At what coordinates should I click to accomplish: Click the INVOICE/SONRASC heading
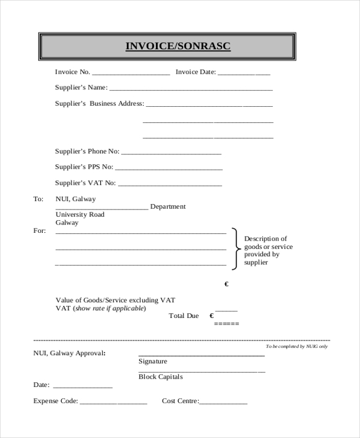pyautogui.click(x=178, y=46)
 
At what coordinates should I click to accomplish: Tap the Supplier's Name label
pyautogui.click(x=81, y=88)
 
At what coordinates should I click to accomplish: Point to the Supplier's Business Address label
pyautogui.click(x=100, y=104)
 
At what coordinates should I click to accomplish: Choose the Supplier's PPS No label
pyautogui.click(x=84, y=167)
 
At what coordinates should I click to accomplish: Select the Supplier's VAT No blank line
pyautogui.click(x=170, y=184)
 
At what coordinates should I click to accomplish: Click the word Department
pyautogui.click(x=168, y=206)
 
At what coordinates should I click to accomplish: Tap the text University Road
pyautogui.click(x=80, y=215)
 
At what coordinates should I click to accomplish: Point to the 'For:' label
pyautogui.click(x=39, y=230)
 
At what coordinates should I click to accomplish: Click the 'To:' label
pyautogui.click(x=38, y=199)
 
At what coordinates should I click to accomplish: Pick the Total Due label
pyautogui.click(x=184, y=316)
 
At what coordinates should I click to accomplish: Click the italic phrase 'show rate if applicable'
pyautogui.click(x=109, y=308)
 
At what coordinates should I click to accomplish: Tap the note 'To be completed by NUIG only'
pyautogui.click(x=296, y=346)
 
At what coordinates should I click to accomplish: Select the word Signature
pyautogui.click(x=153, y=362)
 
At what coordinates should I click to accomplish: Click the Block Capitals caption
pyautogui.click(x=160, y=377)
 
